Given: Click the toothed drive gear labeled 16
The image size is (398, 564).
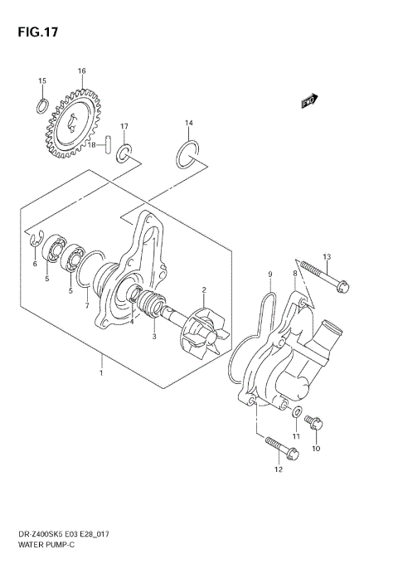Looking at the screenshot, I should point(74,125).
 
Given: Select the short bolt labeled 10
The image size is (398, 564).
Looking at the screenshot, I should point(314,424).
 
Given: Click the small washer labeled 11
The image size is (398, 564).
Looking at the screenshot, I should point(297,411).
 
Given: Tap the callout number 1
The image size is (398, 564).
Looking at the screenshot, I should point(101,373).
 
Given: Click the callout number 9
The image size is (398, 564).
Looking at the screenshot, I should point(269,274).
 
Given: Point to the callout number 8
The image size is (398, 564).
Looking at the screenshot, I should point(294,274).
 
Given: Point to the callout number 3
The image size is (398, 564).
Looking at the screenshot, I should point(153,337).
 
